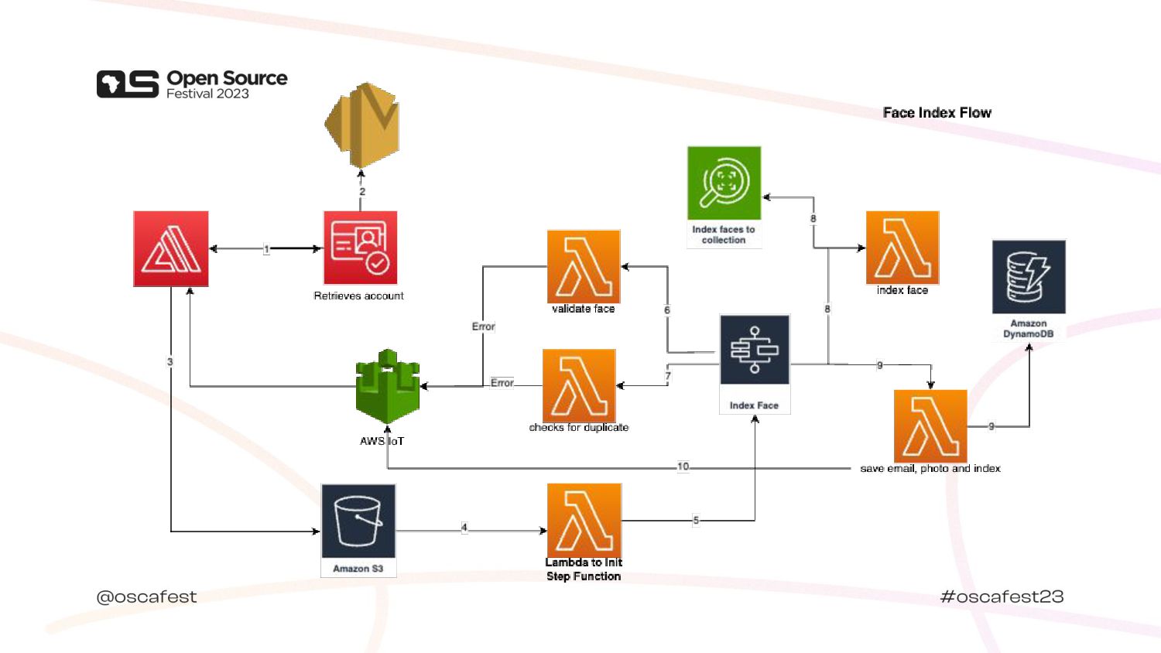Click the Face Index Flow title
tap(937, 113)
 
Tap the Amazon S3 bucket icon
tap(358, 521)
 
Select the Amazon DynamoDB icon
tap(1029, 277)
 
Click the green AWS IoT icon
tap(387, 387)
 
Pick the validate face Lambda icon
tap(584, 266)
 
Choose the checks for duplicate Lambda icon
tap(579, 385)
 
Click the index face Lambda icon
tap(902, 248)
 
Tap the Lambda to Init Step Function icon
tap(584, 520)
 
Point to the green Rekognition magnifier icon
tap(724, 183)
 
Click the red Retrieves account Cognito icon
tap(360, 248)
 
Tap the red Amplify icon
tap(171, 248)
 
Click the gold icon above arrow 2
tap(361, 125)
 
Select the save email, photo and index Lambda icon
tap(930, 426)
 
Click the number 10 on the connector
tap(683, 467)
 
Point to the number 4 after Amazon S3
tap(464, 528)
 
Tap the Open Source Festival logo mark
tap(127, 84)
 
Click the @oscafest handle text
tap(146, 597)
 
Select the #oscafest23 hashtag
tap(1002, 597)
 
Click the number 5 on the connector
tap(695, 520)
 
